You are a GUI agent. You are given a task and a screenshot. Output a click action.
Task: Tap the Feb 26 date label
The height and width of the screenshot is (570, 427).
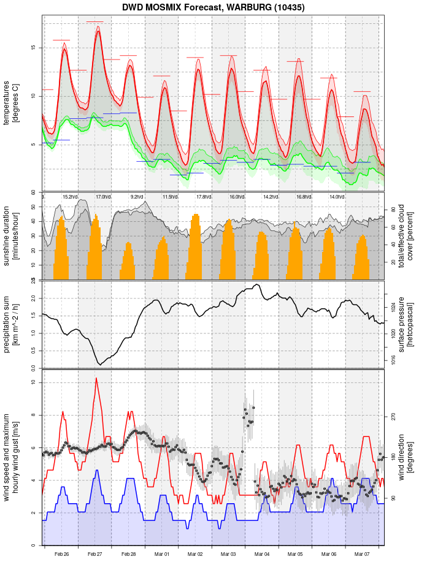coord(61,554)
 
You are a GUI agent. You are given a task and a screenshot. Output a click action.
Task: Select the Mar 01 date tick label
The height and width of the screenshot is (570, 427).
coord(162,554)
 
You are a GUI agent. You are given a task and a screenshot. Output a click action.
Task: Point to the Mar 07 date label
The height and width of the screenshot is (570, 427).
coord(362,554)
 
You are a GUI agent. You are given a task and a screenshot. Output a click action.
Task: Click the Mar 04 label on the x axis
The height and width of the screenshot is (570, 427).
coord(262,554)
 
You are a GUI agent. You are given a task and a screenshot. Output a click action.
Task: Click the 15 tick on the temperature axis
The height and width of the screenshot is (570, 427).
coord(33,48)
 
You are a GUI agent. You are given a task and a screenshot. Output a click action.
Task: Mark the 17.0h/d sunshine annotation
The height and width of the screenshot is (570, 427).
coord(103,197)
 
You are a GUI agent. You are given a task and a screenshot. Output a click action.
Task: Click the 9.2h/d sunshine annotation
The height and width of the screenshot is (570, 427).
coord(137,197)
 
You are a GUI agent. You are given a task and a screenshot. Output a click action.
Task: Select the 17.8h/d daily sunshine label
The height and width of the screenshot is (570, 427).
coord(204,197)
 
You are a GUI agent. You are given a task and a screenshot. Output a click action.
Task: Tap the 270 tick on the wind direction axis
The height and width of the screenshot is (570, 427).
coord(393,416)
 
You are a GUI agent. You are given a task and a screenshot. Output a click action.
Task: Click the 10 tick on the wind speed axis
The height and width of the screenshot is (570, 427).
coord(33,382)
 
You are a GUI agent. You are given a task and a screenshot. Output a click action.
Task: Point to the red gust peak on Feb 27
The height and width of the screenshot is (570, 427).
coord(96,378)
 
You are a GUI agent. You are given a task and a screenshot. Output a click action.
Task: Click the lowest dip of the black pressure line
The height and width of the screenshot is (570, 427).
coord(101,365)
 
